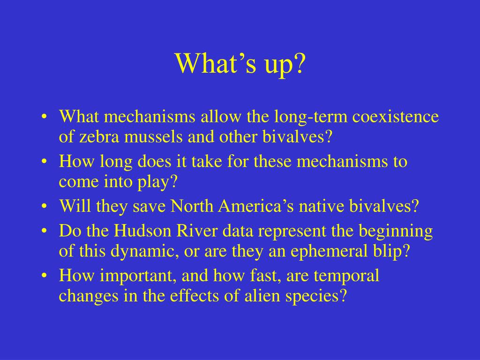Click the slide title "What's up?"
coord(240,64)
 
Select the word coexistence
coord(396,117)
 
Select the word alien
coord(262,296)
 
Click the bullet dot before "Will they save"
coord(45,207)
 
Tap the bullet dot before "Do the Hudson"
coord(45,231)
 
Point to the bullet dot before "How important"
coord(45,276)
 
